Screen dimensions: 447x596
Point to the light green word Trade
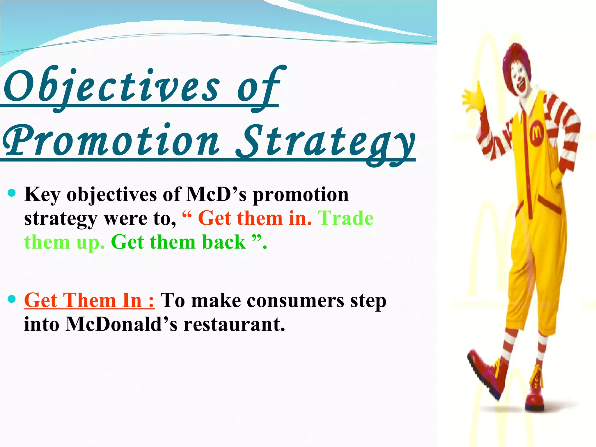tap(346, 218)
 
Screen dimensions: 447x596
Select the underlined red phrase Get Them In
tap(89, 300)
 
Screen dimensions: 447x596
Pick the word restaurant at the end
tap(234, 324)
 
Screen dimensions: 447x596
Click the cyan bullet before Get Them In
tap(12, 299)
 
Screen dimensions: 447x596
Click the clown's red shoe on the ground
tap(535, 400)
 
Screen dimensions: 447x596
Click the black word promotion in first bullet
tap(300, 194)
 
